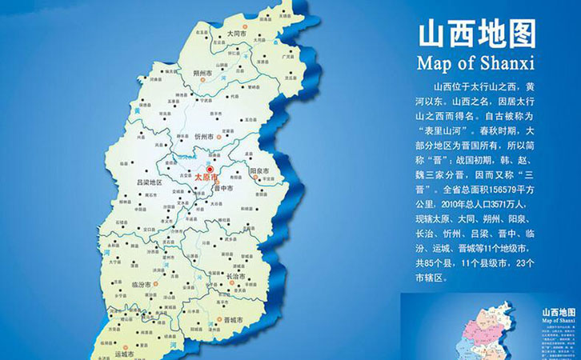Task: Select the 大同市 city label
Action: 236,34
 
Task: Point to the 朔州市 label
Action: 203,74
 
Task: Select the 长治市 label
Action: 237,277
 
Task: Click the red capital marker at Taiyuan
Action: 210,170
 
